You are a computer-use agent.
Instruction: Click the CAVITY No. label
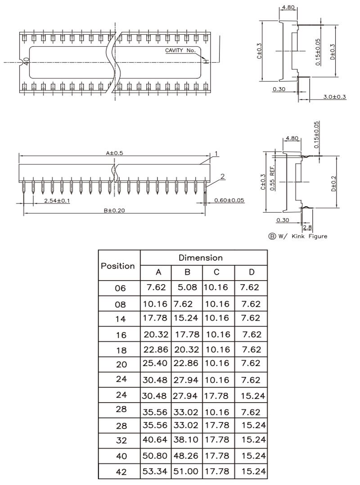tap(180, 50)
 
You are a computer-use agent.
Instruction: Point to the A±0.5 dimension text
tap(115, 153)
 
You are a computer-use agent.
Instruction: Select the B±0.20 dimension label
tap(114, 210)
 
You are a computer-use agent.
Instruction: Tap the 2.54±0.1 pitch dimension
tap(57, 201)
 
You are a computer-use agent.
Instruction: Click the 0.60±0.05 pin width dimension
tap(229, 200)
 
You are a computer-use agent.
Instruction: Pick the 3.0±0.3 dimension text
tap(335, 97)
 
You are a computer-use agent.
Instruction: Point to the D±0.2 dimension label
tap(333, 184)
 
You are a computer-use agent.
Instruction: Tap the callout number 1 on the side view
tap(216, 154)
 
